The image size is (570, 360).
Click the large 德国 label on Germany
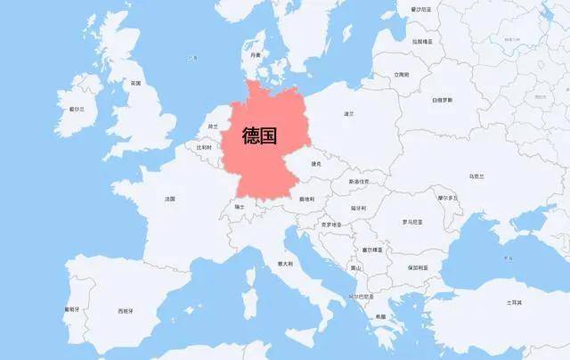(265, 137)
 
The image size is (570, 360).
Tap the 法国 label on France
(169, 199)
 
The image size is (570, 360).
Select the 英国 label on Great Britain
(135, 83)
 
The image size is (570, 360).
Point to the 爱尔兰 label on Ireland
(77, 109)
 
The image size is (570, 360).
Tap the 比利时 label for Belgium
(204, 148)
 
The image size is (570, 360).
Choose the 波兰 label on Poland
(349, 113)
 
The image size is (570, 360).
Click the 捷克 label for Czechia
(315, 163)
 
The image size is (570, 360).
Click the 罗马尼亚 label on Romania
(412, 221)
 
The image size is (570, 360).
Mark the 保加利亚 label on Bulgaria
(418, 266)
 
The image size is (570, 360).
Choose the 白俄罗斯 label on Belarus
(443, 101)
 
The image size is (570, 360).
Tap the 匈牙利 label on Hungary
(358, 208)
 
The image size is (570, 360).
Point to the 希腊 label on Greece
(380, 316)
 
